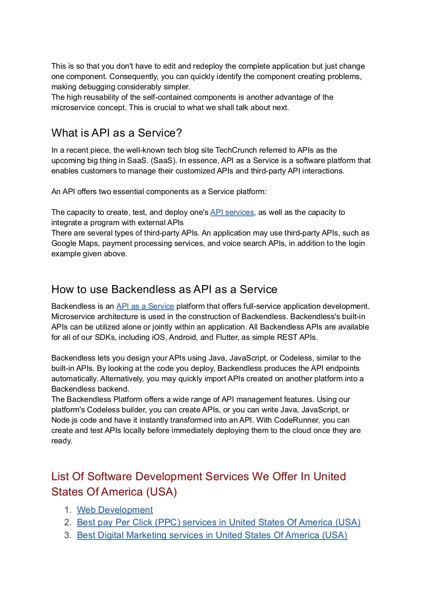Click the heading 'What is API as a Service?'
[x=117, y=133]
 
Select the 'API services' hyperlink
[x=232, y=212]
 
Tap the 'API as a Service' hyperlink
[x=145, y=306]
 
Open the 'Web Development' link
[x=115, y=510]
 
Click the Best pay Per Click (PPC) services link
[x=219, y=522]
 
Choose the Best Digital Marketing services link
[x=212, y=535]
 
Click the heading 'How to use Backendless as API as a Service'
[x=164, y=289]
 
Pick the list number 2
[x=68, y=522]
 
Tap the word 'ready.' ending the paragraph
[x=62, y=441]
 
